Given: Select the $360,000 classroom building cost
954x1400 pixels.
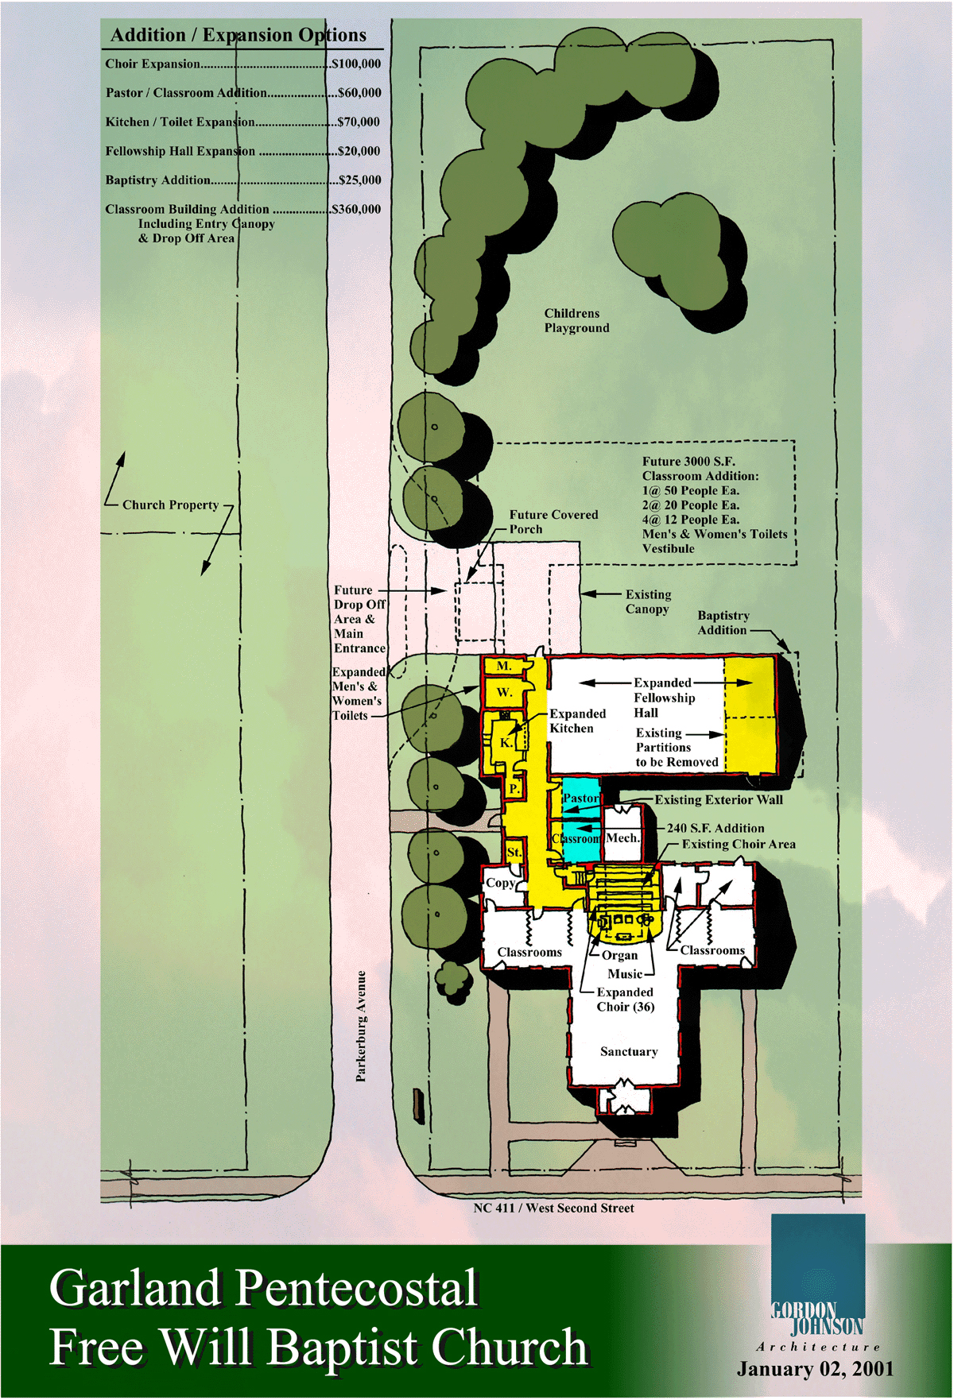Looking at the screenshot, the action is point(356,209).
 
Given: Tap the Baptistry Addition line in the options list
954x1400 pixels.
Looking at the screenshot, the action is point(243,180).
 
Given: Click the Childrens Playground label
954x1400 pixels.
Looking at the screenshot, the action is point(576,320).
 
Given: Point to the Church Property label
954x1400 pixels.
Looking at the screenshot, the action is point(170,505).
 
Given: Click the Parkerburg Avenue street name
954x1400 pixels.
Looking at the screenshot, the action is point(361,1025).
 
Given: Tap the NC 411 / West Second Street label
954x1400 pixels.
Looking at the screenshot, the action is point(553,1208).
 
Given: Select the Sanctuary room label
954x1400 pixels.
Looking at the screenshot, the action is point(629,1051).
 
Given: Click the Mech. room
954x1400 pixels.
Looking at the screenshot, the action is point(622,837).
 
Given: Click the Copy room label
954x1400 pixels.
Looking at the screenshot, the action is point(501,883).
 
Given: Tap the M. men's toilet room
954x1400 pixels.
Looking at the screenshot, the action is point(503,666).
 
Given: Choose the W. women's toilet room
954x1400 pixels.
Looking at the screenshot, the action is point(504,692).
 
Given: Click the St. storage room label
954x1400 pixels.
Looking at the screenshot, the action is point(514,852).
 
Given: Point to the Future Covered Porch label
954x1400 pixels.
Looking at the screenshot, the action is point(553,521).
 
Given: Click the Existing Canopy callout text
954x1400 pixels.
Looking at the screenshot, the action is point(648,601).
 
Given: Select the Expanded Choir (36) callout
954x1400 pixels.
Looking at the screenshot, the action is point(626,1000).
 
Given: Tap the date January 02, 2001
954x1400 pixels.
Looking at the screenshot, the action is point(816,1369).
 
